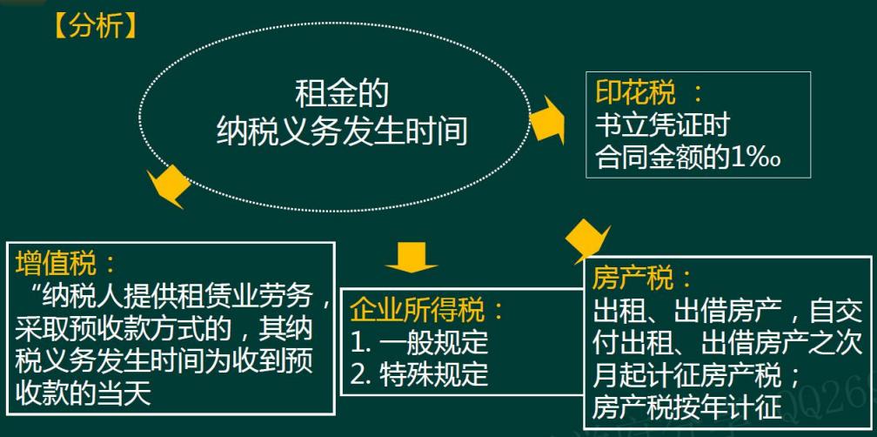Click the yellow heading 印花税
pyautogui.click(x=636, y=93)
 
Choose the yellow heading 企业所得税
pyautogui.click(x=417, y=310)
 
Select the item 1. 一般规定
pyautogui.click(x=418, y=341)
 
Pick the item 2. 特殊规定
pyautogui.click(x=418, y=374)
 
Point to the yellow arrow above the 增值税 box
pyautogui.click(x=170, y=185)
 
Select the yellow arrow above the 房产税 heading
pyautogui.click(x=584, y=239)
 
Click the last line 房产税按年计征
pyautogui.click(x=687, y=408)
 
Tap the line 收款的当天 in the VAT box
pyautogui.click(x=84, y=393)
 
